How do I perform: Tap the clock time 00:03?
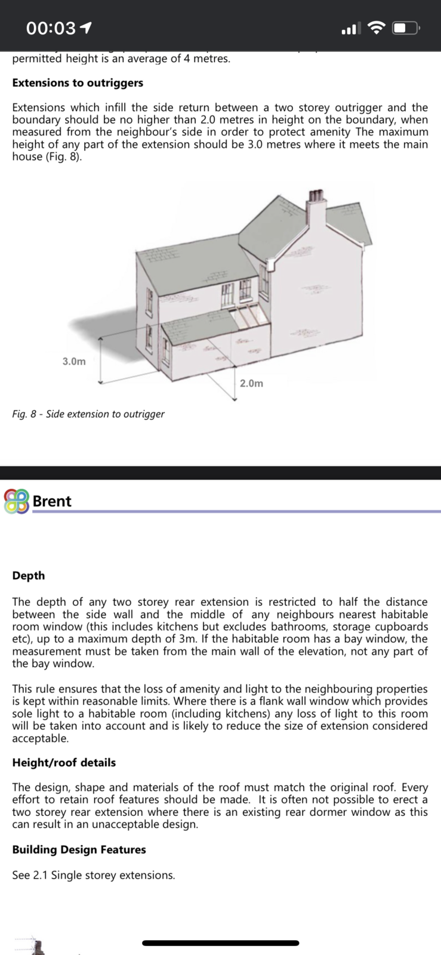coord(51,28)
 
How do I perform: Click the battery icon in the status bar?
coord(406,28)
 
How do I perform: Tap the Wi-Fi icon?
coord(376,28)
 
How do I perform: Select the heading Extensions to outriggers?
coord(78,83)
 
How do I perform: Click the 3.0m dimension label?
coord(74,361)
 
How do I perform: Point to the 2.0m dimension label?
coord(251,383)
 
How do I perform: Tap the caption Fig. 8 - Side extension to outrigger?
coord(88,414)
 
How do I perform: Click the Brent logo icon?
coord(16,501)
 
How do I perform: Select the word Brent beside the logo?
coord(52,501)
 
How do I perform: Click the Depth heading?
coord(29,575)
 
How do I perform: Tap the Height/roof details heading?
coord(64,762)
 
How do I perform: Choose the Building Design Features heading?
coord(79,849)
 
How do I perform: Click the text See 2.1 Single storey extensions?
coord(94,875)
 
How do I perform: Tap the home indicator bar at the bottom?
coord(220,943)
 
